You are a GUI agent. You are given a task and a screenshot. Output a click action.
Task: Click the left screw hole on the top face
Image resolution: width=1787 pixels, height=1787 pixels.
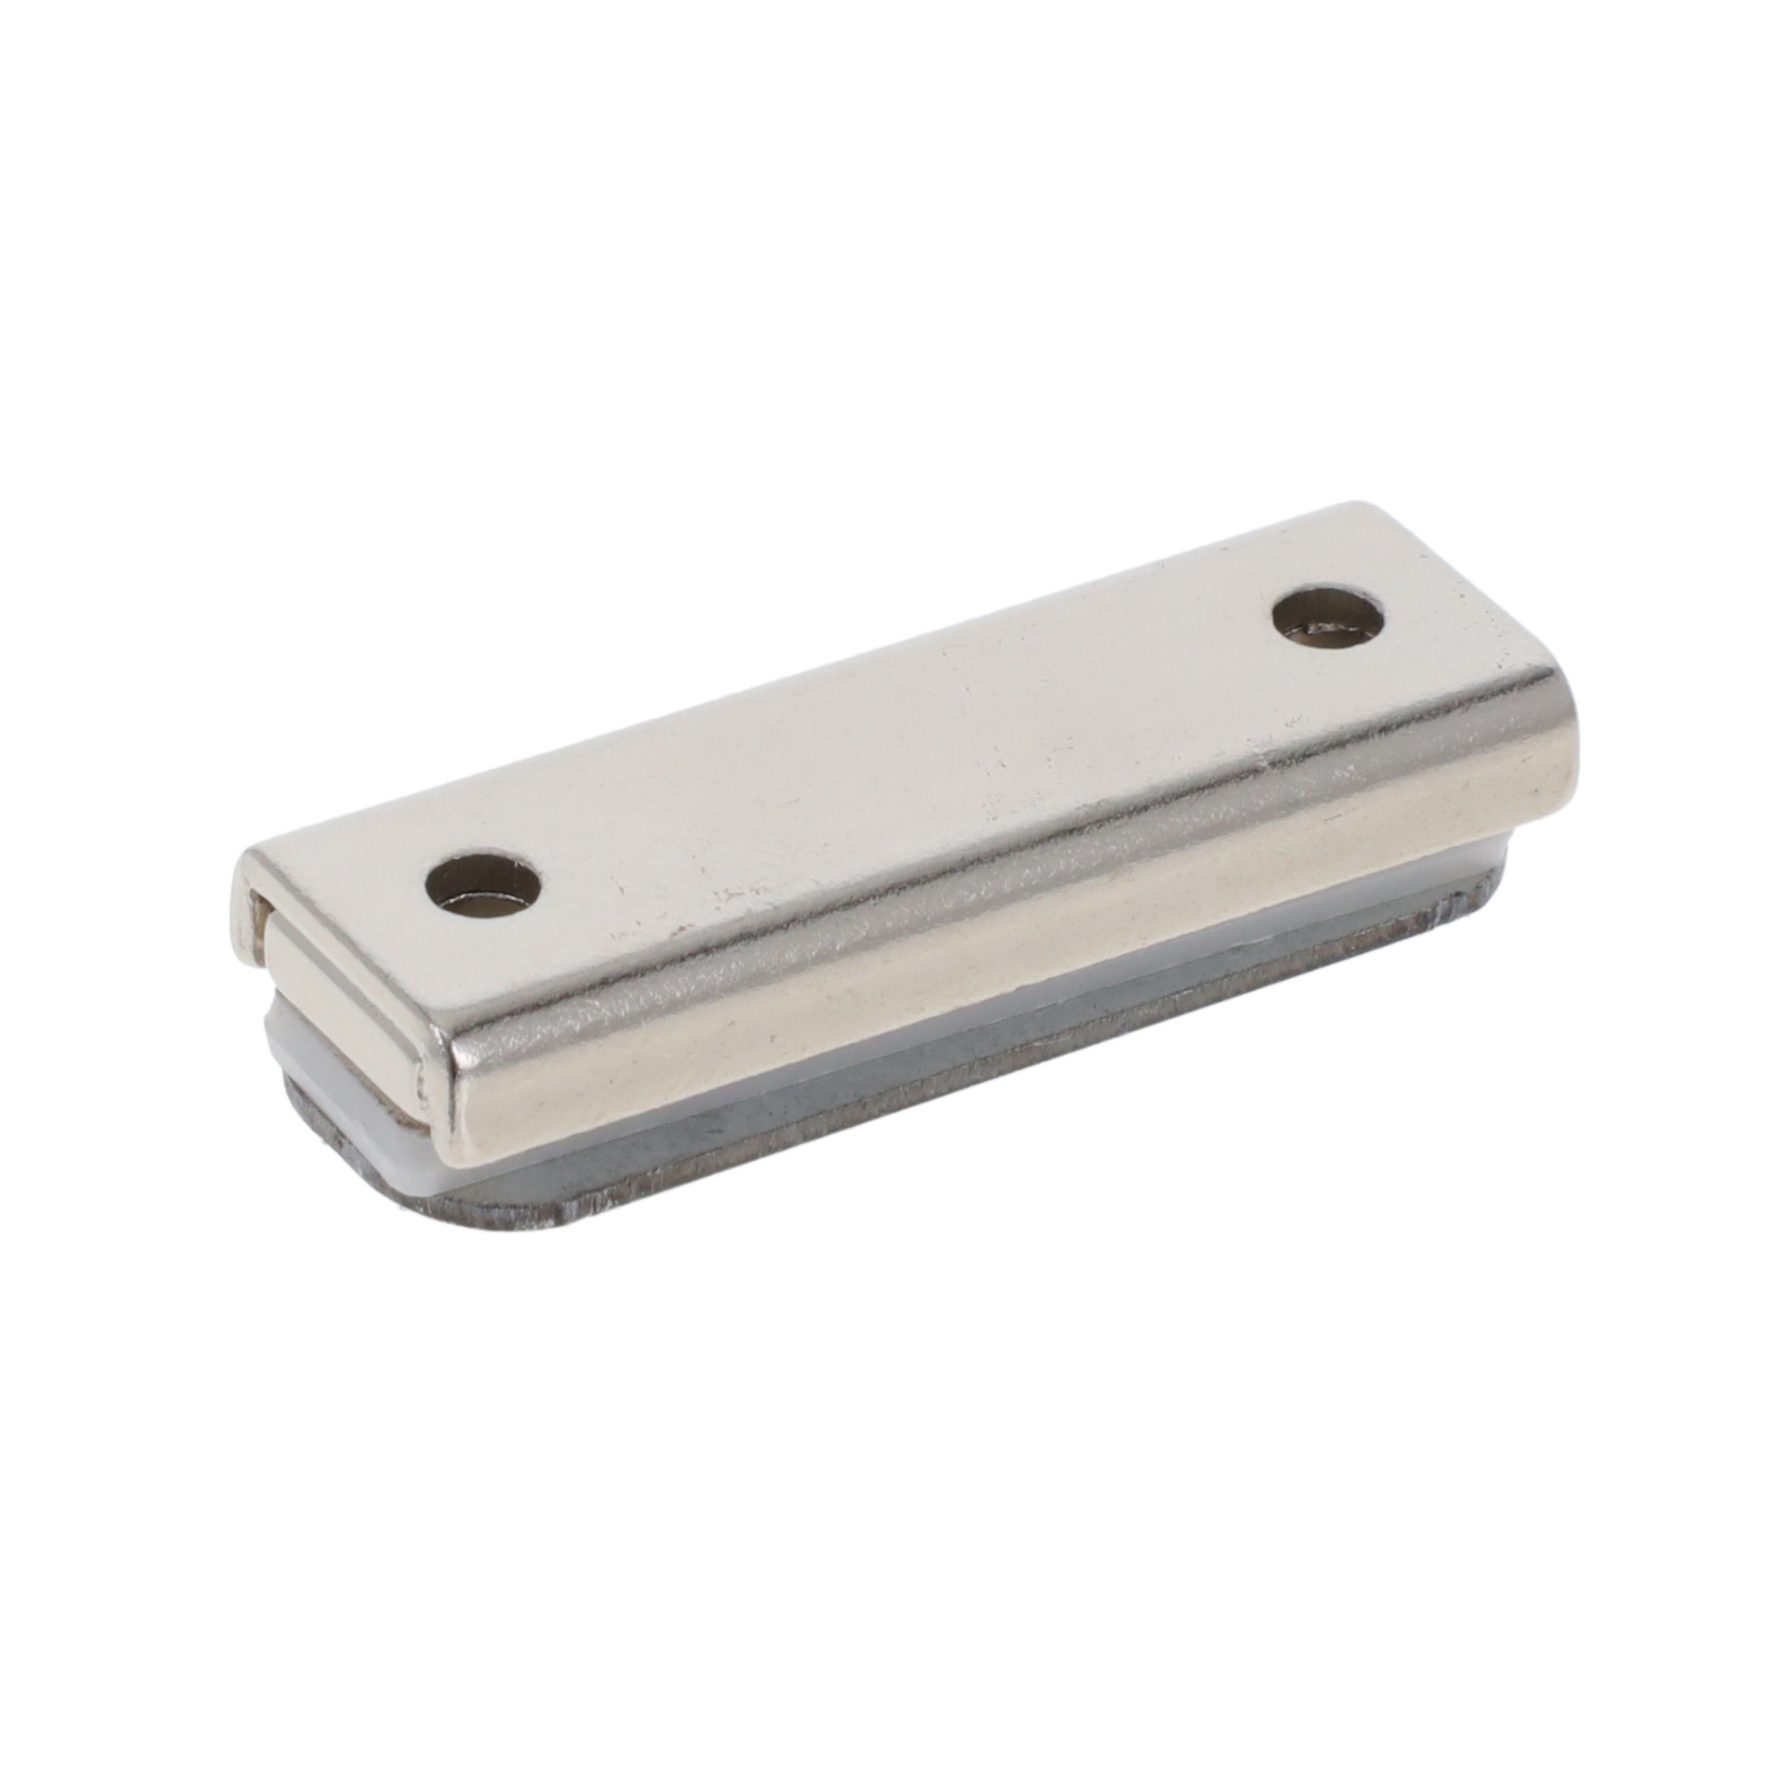(482, 880)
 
